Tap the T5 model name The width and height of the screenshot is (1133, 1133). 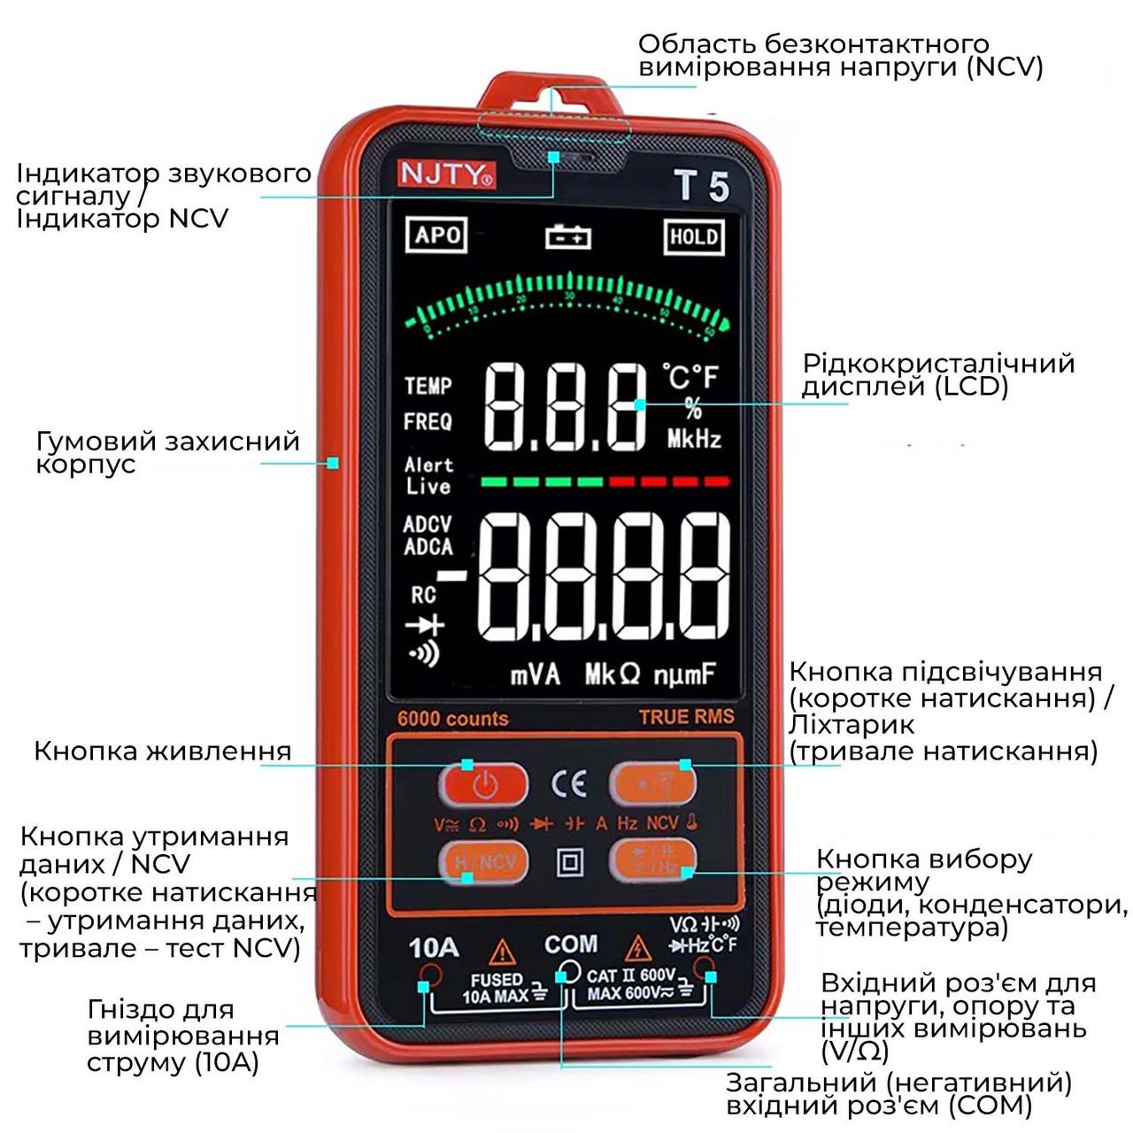click(701, 186)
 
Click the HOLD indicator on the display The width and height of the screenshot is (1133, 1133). click(694, 236)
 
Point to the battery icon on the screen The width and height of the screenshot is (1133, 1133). click(567, 236)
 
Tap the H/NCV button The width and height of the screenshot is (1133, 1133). click(484, 861)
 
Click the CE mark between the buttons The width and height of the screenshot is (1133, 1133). click(568, 783)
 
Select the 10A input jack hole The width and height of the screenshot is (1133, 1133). click(430, 976)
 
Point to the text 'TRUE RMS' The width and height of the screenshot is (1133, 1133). click(686, 717)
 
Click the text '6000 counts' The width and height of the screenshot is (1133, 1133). click(452, 719)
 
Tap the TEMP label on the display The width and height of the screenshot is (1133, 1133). click(428, 386)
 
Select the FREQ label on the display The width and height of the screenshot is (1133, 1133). click(428, 422)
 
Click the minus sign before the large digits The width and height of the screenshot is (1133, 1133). click(452, 577)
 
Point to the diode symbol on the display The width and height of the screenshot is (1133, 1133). click(425, 625)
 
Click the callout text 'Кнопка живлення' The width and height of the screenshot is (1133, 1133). click(162, 751)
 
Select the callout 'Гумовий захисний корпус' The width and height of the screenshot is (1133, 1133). click(167, 452)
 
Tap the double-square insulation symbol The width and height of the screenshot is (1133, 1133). click(569, 862)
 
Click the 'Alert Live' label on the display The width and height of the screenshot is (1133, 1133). click(428, 475)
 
